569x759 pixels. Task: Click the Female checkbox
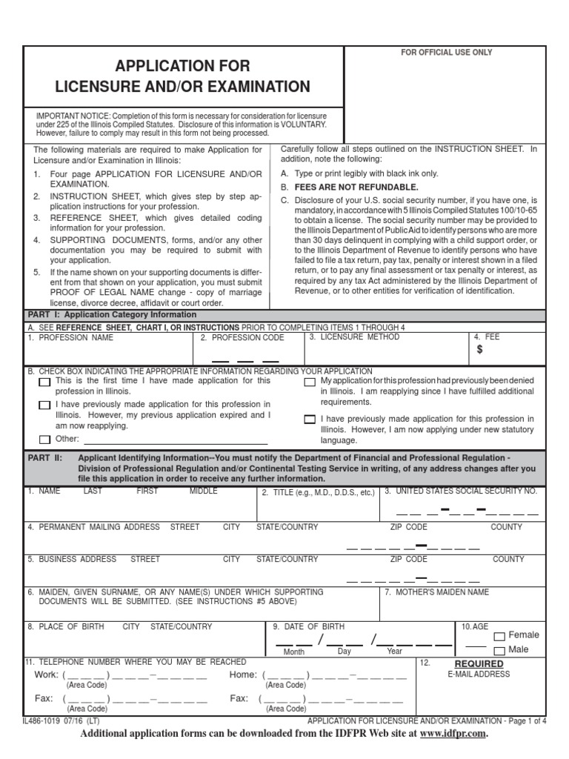pos(499,636)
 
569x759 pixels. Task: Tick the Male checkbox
pos(499,651)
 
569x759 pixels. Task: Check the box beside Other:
pos(44,439)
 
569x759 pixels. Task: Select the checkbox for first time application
pos(44,382)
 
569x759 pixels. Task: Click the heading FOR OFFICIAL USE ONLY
pos(446,53)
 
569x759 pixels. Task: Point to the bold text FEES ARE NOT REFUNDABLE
pos(356,187)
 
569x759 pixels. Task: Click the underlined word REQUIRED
pos(479,663)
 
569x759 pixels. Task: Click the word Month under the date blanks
pos(293,652)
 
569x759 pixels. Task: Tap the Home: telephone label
pos(243,675)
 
